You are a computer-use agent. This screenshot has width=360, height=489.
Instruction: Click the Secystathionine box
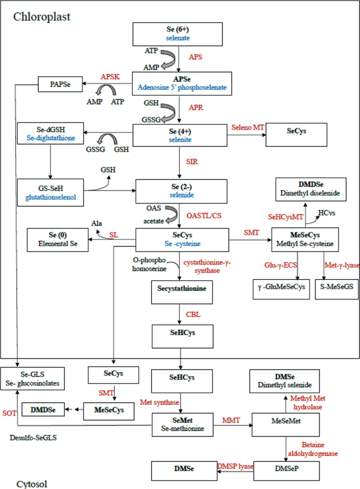pyautogui.click(x=181, y=289)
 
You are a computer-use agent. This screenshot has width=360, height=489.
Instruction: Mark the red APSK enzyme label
pyautogui.click(x=110, y=76)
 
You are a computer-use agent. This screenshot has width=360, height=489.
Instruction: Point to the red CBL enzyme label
pyautogui.click(x=193, y=314)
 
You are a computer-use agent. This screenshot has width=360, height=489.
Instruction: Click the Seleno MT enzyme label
pyautogui.click(x=247, y=128)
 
